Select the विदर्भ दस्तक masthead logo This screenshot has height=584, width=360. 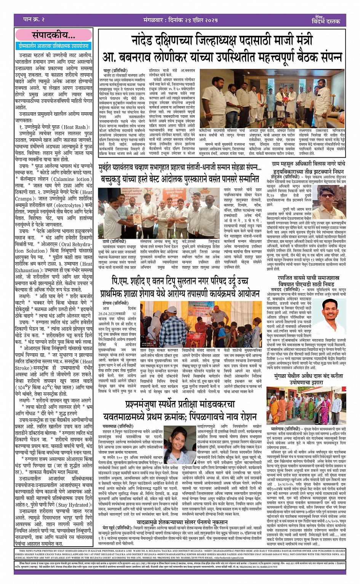point(326,20)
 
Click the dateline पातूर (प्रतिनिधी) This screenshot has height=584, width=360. point(116,71)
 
